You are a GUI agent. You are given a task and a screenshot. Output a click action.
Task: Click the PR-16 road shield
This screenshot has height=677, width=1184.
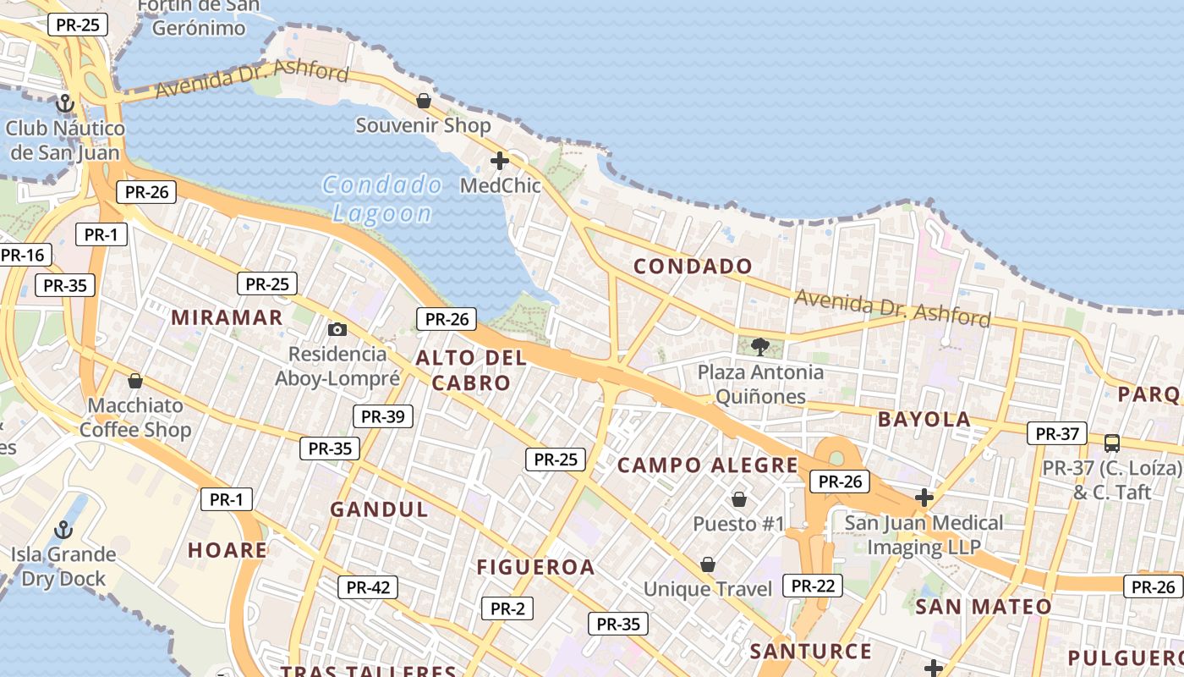tap(23, 255)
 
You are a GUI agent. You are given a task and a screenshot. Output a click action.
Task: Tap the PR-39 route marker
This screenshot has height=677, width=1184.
tap(382, 416)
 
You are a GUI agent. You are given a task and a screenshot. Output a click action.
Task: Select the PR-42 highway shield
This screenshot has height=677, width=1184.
tap(368, 586)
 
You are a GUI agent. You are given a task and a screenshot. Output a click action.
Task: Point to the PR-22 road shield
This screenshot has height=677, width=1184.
tap(812, 586)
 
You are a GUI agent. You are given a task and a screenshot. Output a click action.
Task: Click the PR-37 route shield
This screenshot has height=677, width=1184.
tap(1056, 434)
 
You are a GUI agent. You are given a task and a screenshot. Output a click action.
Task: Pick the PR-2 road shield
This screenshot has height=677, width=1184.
tap(507, 608)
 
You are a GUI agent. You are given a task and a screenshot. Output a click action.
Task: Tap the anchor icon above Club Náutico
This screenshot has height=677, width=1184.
tap(65, 104)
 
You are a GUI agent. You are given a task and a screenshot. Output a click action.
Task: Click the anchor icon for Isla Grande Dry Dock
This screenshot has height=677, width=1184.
tap(63, 531)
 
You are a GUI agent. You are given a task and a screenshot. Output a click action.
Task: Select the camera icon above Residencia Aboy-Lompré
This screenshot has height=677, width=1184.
tap(337, 329)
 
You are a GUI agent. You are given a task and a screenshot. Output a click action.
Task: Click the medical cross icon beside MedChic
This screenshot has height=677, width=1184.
tap(500, 160)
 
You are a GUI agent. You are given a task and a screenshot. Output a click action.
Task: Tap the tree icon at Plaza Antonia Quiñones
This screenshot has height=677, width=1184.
tap(759, 346)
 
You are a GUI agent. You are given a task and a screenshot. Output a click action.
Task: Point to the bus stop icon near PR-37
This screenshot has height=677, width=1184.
tap(1112, 443)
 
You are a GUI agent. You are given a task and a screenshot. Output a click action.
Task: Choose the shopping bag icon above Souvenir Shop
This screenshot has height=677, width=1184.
tap(424, 102)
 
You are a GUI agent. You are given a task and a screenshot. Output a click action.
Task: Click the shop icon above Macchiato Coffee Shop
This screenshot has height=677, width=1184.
tap(134, 381)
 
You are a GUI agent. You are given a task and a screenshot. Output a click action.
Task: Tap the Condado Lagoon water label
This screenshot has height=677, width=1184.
tap(382, 198)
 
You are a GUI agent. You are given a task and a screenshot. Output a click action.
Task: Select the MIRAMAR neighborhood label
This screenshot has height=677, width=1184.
tap(227, 317)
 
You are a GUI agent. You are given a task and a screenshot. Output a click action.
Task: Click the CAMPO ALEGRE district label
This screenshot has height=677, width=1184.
tap(707, 465)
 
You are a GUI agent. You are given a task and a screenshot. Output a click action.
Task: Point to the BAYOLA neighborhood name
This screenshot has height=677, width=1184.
tap(924, 419)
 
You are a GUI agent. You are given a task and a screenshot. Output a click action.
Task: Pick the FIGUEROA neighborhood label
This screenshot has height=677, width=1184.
tap(536, 567)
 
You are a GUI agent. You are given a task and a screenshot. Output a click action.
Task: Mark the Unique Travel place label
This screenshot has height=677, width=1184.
tap(708, 589)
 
